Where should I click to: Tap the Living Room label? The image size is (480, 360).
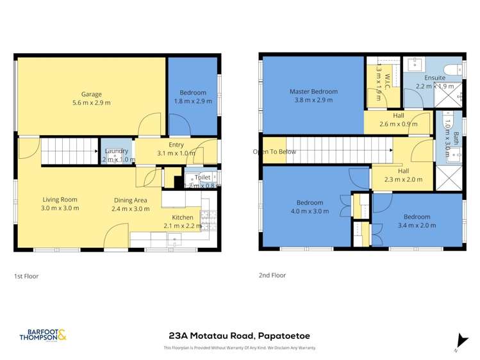point(61,199)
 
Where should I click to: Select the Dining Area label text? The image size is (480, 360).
point(131,200)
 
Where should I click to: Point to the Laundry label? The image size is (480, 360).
point(116,151)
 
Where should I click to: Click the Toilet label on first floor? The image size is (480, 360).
point(203,177)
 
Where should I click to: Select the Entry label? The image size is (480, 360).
point(176,145)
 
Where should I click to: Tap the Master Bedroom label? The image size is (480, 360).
point(313,92)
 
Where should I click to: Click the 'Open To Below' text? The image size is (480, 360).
point(274,152)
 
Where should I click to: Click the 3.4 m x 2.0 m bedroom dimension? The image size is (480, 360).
point(417,225)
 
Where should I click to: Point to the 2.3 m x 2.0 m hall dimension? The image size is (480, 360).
point(403,179)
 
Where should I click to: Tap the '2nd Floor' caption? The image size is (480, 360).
point(272,275)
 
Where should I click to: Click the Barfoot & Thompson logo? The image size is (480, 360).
point(43,334)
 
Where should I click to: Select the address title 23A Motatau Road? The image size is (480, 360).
point(240,335)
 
